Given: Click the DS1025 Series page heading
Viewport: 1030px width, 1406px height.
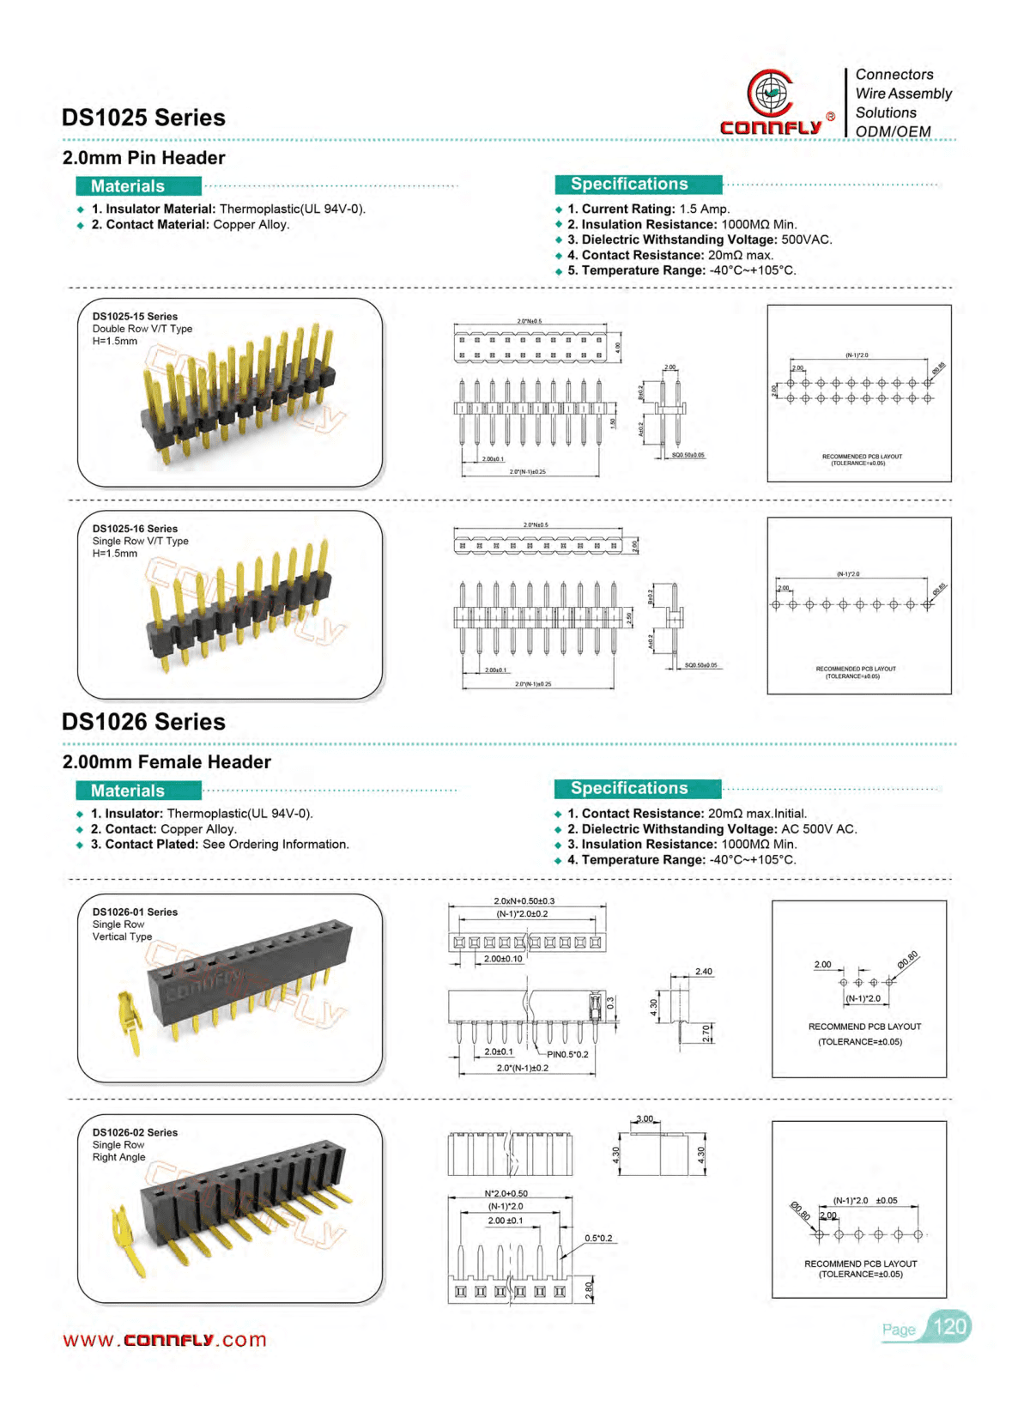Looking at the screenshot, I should coord(143,118).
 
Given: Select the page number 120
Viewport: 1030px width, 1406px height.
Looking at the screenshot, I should coord(949,1327).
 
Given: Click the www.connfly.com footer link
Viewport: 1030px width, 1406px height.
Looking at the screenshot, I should coord(165,1340).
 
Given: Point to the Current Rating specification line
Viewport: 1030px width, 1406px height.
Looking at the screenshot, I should coord(648,209).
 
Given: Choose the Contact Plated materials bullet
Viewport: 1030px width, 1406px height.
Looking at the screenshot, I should coord(220,845).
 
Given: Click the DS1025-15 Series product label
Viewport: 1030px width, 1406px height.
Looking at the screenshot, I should coord(135,317).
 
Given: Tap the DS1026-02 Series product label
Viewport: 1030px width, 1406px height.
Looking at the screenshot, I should coord(135,1133).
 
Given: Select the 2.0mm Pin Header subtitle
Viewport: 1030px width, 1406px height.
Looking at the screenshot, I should coord(143,158).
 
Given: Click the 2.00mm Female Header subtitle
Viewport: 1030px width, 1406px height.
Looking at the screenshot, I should coord(167,762).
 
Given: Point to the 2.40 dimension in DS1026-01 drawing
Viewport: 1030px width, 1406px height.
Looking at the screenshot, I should coord(704,972).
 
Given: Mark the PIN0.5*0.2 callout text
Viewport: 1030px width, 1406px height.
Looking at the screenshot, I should coord(567,1054).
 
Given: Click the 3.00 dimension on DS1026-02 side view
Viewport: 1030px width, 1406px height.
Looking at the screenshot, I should coord(645,1119).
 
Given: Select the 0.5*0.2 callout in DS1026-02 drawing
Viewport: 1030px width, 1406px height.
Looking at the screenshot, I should coord(598,1239).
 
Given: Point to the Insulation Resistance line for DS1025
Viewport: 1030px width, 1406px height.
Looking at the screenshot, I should coord(682,224).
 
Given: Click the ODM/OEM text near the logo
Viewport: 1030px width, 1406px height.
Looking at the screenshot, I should coord(893,131).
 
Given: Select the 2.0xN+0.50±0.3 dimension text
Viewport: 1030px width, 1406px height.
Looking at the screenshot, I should coord(524,901).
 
